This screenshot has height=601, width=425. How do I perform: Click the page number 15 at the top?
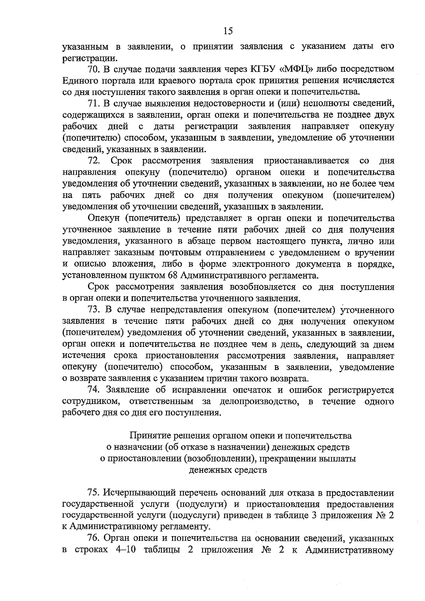point(228,31)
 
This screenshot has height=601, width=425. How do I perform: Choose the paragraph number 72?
point(94,161)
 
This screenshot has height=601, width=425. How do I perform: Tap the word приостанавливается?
point(306,161)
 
